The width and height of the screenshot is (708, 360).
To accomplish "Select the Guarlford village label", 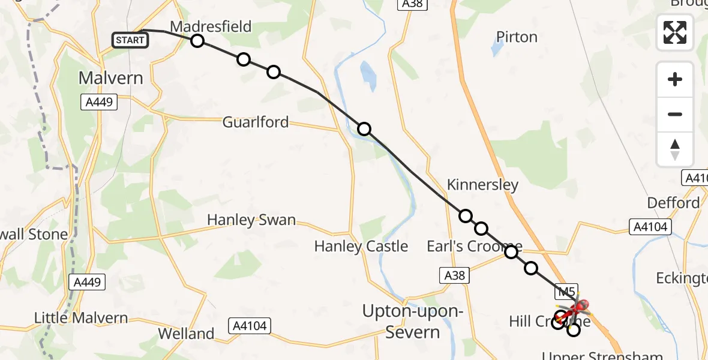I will (x=255, y=122).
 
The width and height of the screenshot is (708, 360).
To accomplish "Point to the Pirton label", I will (x=517, y=37).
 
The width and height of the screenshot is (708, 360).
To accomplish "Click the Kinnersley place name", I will (x=482, y=185).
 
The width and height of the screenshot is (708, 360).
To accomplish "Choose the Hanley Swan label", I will (x=251, y=220).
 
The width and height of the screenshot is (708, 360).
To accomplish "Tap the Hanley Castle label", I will (x=361, y=246).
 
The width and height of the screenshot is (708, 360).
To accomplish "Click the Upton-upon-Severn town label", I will (x=413, y=322).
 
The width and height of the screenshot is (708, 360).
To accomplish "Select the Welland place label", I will (x=186, y=334).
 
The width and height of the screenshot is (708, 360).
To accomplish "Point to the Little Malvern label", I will (x=81, y=318).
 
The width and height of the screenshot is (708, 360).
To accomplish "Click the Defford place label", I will (x=673, y=203).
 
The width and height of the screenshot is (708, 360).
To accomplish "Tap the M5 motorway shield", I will (x=565, y=292).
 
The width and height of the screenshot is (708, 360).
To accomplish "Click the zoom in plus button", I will (x=675, y=79).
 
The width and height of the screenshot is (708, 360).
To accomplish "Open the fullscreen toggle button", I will (x=675, y=32).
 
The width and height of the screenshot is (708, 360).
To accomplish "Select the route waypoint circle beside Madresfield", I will (x=197, y=41).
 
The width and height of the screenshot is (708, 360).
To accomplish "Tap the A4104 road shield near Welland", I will (x=249, y=326).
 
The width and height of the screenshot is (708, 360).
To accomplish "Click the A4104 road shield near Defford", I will (x=650, y=226).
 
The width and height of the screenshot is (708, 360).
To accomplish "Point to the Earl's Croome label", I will (x=474, y=246).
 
